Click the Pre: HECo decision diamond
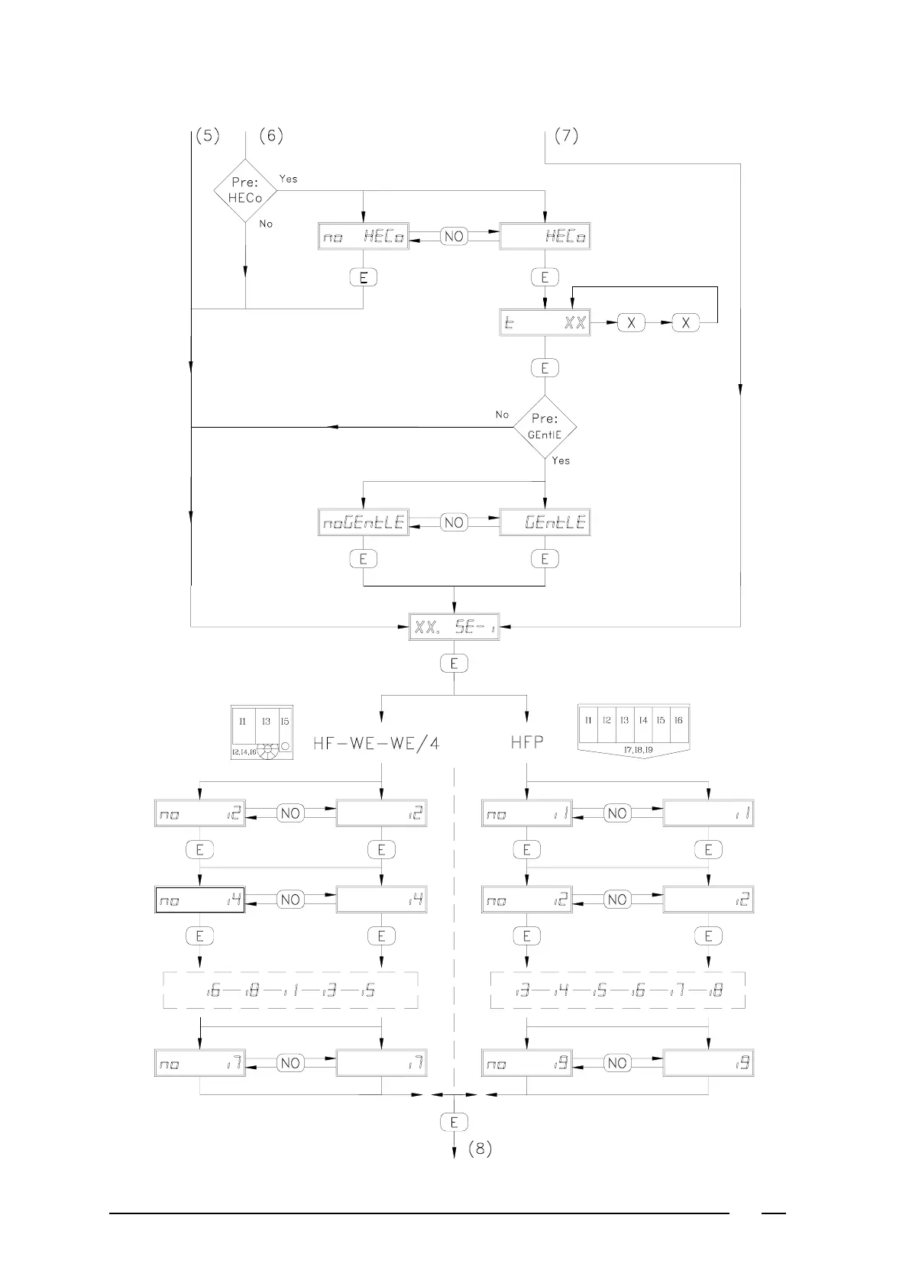(x=245, y=190)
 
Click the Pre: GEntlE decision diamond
(x=545, y=427)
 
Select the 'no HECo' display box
(x=363, y=237)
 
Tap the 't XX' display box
(x=545, y=323)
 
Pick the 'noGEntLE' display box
(x=363, y=522)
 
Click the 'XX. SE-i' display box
(x=454, y=627)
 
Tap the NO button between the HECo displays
(x=454, y=237)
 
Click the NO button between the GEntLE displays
(x=454, y=522)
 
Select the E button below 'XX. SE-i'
(x=454, y=664)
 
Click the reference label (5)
(x=207, y=136)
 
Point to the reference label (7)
(x=565, y=136)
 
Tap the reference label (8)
(x=479, y=1149)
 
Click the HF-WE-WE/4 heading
(x=376, y=742)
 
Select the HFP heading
(x=527, y=742)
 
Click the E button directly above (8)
(x=454, y=1122)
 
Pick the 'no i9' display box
(x=527, y=1063)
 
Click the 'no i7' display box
(x=200, y=1063)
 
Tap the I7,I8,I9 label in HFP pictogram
(x=634, y=750)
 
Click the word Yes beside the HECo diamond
(x=288, y=179)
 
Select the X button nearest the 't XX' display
(x=631, y=323)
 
